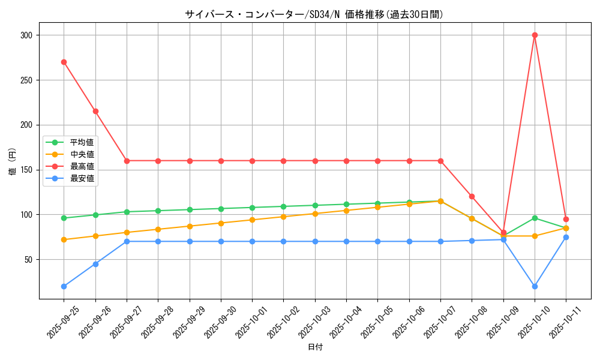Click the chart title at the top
click(314, 14)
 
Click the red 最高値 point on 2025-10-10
click(535, 35)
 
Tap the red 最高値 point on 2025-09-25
click(64, 62)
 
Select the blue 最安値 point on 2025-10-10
click(535, 286)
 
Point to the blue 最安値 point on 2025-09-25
click(64, 286)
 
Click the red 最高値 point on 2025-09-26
click(95, 111)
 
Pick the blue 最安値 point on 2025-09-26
click(95, 264)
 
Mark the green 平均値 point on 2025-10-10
click(535, 218)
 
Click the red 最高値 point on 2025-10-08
click(472, 196)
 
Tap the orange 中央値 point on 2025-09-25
click(64, 239)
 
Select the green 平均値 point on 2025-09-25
click(64, 218)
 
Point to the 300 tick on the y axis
click(27, 35)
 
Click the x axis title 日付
click(315, 347)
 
